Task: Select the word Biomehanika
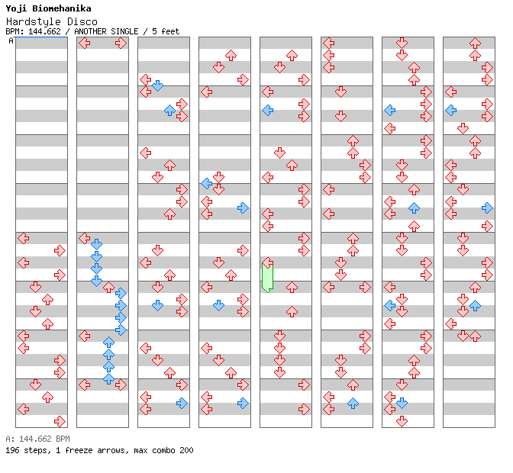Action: (x=62, y=8)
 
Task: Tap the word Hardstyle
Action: (x=29, y=21)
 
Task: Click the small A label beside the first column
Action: (x=11, y=40)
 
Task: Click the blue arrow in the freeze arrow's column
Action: (x=267, y=111)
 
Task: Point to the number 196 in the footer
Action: (x=12, y=450)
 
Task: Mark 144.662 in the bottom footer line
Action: (x=33, y=439)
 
